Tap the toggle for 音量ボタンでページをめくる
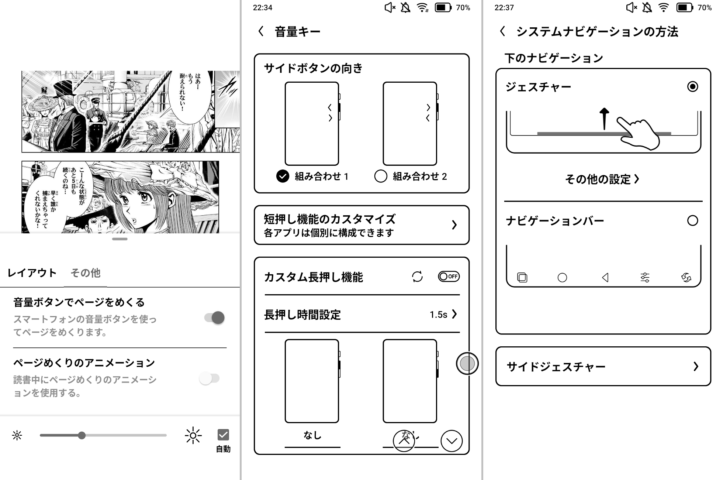tap(215, 318)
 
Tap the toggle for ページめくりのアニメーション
tap(210, 378)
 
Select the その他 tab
tap(85, 273)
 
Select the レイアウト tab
tap(32, 273)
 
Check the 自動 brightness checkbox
tap(223, 435)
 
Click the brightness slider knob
tap(82, 435)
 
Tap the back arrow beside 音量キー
tap(261, 31)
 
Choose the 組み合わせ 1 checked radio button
tap(283, 176)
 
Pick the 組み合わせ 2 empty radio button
tap(381, 176)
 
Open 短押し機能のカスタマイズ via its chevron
tap(454, 225)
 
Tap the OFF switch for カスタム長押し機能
tap(449, 277)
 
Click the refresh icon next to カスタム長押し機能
tap(417, 277)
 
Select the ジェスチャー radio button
tap(692, 87)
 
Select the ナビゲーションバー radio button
tap(692, 221)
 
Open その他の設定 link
tap(602, 179)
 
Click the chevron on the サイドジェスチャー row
tap(696, 366)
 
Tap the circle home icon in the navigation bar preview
tap(562, 278)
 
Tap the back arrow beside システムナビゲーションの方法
tap(502, 31)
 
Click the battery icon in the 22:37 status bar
tap(684, 7)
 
